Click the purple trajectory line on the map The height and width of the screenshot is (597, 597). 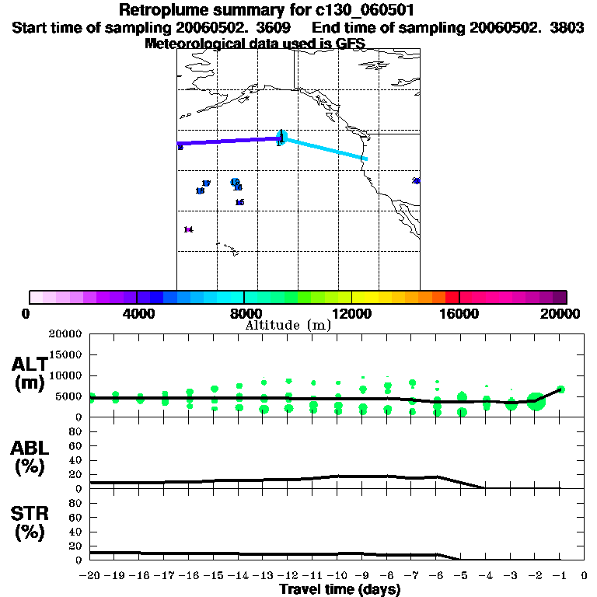229,141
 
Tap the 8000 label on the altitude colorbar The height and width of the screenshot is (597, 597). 243,313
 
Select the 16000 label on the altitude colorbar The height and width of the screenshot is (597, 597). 459,313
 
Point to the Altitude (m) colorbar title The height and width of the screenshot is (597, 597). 288,325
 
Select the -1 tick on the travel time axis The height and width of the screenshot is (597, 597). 560,576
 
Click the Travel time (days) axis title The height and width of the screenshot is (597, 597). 340,589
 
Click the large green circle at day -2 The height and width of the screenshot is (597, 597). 536,401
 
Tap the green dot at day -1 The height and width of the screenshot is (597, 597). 561,389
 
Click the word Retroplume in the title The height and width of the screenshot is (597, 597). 163,10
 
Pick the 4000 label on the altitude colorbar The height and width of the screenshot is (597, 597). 136,313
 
